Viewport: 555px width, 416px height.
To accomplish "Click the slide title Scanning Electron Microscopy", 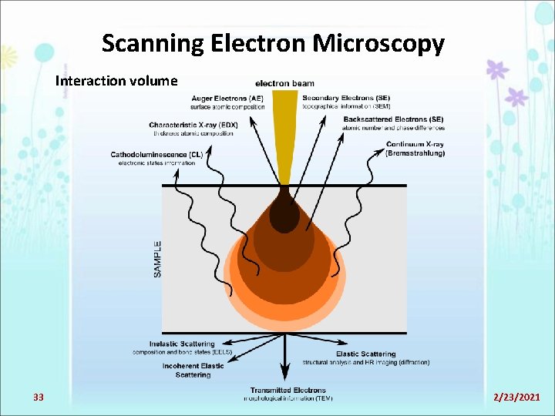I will click(273, 43).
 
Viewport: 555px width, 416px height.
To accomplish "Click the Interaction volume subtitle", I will click(116, 81).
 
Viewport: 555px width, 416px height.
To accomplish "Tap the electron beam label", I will click(284, 83).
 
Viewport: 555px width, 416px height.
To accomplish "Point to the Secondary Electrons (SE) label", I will click(345, 98).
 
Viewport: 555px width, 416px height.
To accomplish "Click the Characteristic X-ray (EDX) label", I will click(193, 125).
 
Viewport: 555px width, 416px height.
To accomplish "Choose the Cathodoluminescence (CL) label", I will click(156, 154).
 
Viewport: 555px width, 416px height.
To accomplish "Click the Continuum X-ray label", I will click(415, 144).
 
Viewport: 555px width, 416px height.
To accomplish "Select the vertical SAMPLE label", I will click(157, 259).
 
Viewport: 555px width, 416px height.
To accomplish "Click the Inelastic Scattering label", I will click(182, 344).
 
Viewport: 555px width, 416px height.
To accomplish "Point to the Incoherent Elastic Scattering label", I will click(193, 370).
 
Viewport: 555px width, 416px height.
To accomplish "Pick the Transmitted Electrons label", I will click(288, 391).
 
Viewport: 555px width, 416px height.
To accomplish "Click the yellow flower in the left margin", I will click(6, 57).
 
